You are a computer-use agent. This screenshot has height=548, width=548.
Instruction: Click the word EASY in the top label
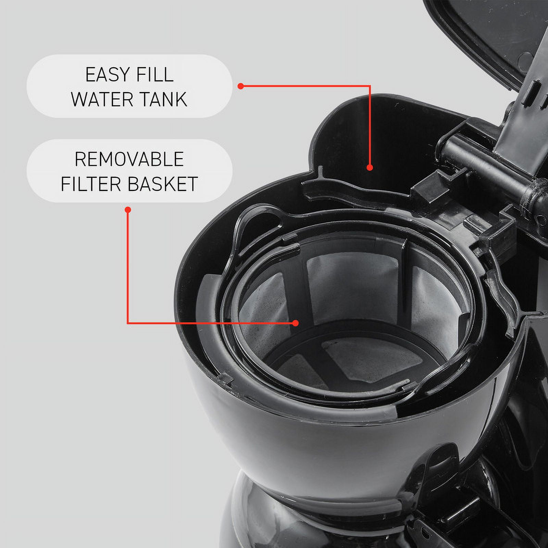pos(108,75)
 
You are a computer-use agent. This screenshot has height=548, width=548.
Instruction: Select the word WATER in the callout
pos(102,99)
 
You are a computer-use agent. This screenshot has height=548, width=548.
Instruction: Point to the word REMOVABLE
pos(129,159)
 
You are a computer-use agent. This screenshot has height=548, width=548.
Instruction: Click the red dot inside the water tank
pos(370,167)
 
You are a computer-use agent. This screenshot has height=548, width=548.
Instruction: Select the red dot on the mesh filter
pos(296,323)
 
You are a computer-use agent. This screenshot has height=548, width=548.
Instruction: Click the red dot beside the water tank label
pos(241,86)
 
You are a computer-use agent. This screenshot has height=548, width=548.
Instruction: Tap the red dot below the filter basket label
pos(128,210)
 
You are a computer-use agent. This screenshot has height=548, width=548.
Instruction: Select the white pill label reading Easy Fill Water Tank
pos(129,86)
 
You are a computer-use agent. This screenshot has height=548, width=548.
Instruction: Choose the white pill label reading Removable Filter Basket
pos(129,171)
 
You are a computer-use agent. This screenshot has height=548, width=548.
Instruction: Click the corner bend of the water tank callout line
pos(370,86)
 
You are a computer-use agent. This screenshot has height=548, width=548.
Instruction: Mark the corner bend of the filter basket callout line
pos(128,323)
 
